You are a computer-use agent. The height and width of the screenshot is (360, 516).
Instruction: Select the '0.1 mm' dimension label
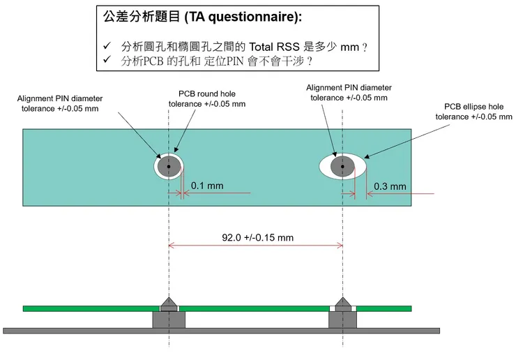click(207, 186)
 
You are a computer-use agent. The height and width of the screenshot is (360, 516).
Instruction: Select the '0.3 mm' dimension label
click(390, 186)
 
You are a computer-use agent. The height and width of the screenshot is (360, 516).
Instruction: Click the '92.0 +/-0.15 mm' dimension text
click(257, 237)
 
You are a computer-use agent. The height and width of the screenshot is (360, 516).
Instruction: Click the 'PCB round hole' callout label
click(207, 99)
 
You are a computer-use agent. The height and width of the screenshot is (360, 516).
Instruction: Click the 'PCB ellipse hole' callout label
click(473, 112)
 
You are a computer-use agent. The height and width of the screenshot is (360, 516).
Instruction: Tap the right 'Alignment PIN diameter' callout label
click(349, 92)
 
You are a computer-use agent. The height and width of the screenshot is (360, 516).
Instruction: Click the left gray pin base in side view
click(168, 319)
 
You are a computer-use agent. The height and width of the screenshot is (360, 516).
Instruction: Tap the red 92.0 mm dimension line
click(209, 245)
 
